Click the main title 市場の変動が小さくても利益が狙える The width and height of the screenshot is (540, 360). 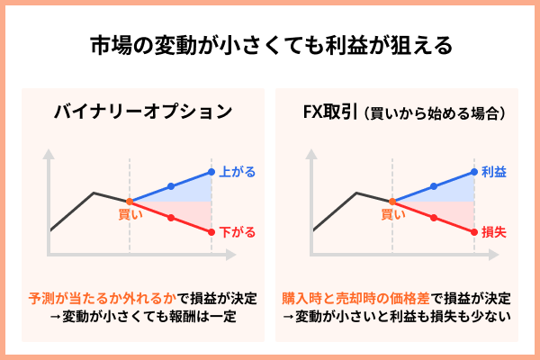point(270,44)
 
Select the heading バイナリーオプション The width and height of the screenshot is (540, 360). point(142,112)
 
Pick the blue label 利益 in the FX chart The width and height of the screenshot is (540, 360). point(495,170)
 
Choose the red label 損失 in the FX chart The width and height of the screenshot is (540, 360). point(495,232)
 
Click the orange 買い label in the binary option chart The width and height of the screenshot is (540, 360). point(130,214)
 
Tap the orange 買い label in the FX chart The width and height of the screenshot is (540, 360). point(392,214)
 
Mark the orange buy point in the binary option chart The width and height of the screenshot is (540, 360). point(130,201)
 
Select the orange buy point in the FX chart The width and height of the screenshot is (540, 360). point(392,201)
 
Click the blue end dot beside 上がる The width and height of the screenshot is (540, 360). point(211,171)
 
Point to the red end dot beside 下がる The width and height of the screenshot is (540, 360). point(211,232)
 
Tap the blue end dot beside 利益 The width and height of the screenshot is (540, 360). point(473,171)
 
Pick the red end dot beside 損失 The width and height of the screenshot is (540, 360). point(473,232)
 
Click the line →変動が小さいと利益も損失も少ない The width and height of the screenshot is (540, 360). point(397,316)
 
